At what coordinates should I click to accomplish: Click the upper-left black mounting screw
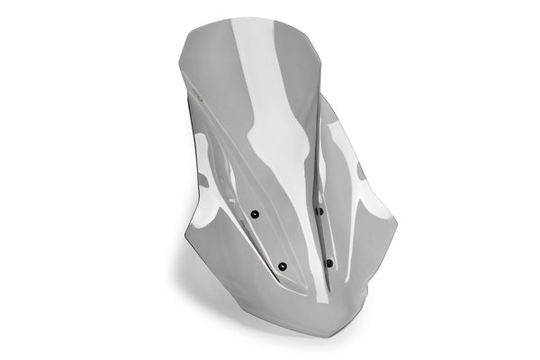point(255,214)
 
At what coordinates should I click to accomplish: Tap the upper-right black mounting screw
point(319,211)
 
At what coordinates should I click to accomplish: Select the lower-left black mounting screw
point(283,266)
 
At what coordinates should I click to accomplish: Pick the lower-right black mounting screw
point(328,263)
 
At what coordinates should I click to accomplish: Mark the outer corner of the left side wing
point(187,236)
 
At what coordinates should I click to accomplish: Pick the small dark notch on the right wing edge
point(360,169)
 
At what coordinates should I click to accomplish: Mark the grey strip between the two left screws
point(268,240)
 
